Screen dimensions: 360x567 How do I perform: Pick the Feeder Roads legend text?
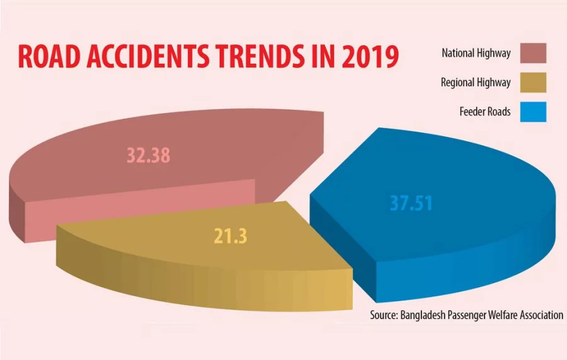tap(485, 113)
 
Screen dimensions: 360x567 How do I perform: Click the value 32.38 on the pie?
tap(148, 156)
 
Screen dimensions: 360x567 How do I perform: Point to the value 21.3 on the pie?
tap(230, 236)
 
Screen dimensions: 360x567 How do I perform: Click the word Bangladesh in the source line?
tap(425, 315)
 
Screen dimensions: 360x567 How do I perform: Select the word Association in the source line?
tap(537, 315)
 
